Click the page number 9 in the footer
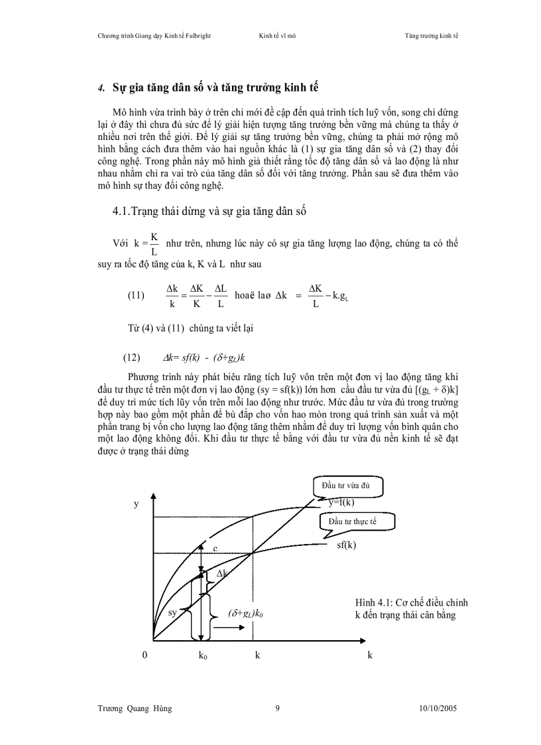277,709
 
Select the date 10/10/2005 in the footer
438,709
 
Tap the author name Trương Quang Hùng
135,709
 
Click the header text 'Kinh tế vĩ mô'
277,35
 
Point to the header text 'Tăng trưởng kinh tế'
431,35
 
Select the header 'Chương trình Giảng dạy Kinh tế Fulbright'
154,35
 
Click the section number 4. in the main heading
101,88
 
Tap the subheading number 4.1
122,212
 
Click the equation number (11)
136,296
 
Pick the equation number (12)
131,358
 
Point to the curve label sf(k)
346,545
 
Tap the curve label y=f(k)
341,502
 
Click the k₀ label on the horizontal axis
203,655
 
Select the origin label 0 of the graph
145,655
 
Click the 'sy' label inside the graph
172,612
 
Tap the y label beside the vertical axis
136,504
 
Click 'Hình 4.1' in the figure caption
371,603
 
